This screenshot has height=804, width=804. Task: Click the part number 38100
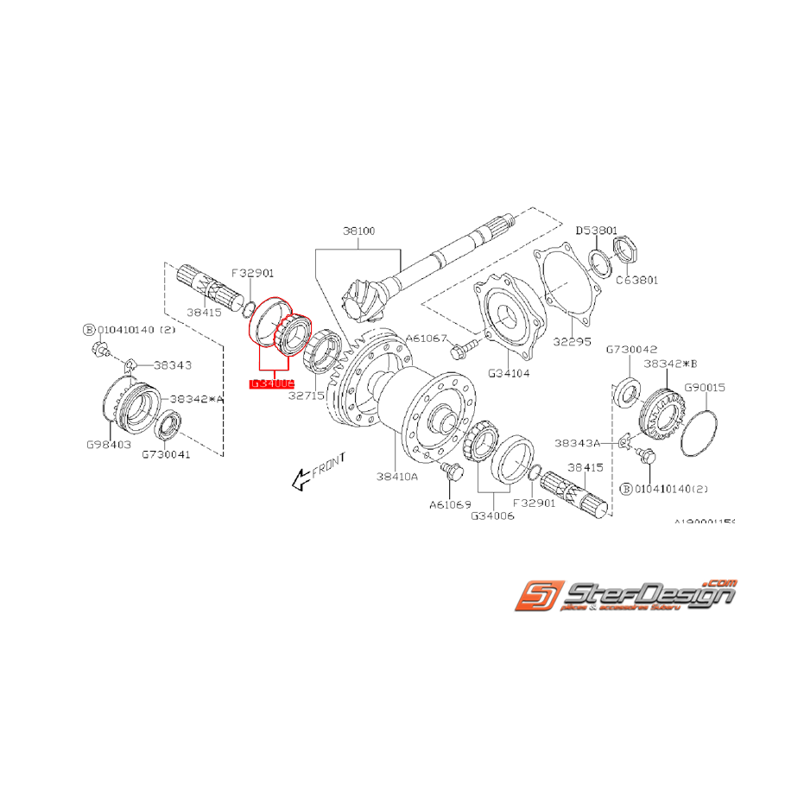click(x=359, y=232)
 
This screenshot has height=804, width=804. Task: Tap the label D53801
click(x=597, y=231)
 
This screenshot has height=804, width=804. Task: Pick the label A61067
click(x=427, y=338)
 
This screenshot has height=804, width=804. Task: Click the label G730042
click(x=631, y=350)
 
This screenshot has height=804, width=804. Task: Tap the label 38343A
click(x=577, y=442)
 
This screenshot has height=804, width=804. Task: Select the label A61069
click(x=451, y=504)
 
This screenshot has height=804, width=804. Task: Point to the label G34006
click(x=492, y=516)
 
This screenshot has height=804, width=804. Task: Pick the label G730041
click(x=166, y=453)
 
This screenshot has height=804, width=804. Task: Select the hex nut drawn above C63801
click(x=624, y=250)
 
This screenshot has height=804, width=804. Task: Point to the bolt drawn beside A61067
click(x=459, y=350)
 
